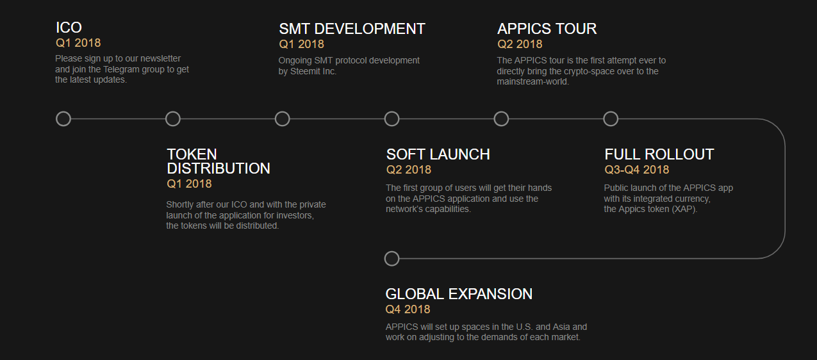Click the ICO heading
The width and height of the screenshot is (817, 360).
coord(69,28)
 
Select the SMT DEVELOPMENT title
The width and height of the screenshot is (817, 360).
coord(352,29)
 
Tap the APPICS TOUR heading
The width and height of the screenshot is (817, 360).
coord(547,29)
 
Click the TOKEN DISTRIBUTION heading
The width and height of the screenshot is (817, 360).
coord(218,161)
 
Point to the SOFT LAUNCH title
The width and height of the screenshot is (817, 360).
coord(438,154)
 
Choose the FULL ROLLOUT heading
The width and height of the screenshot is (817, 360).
coord(659,154)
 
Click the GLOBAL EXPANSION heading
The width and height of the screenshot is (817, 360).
coord(459,294)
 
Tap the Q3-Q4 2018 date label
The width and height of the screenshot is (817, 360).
coord(636,170)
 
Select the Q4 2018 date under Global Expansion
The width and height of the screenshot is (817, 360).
coord(408,309)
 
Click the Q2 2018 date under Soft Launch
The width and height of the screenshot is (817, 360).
coord(409,170)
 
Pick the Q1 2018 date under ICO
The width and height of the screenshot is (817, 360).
coord(78,43)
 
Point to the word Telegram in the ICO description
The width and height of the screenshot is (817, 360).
coord(120,69)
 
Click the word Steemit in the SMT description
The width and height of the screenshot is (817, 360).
coord(304,72)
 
